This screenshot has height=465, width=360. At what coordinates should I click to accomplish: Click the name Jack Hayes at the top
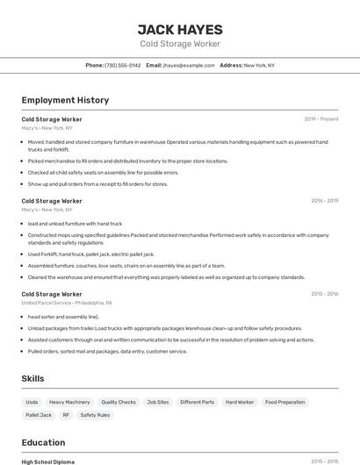(x=180, y=29)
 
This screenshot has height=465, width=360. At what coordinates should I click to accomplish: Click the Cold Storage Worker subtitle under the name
(x=180, y=44)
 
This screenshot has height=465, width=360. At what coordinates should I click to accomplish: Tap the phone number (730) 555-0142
(x=122, y=65)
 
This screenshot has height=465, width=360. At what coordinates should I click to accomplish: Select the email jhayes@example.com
(x=189, y=65)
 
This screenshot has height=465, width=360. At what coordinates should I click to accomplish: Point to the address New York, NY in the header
(x=259, y=65)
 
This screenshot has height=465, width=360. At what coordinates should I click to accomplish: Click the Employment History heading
(x=65, y=100)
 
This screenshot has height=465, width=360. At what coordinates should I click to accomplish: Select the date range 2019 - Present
(x=321, y=118)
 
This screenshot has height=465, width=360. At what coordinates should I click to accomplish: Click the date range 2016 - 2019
(x=324, y=200)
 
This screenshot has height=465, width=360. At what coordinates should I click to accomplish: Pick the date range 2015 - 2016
(x=324, y=294)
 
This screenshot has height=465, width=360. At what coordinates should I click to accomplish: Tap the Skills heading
(x=33, y=378)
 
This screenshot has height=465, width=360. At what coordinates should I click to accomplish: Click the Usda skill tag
(x=32, y=402)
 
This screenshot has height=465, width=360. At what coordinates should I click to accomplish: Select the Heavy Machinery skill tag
(x=69, y=402)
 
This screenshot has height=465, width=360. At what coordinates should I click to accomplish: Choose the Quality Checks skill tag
(x=119, y=402)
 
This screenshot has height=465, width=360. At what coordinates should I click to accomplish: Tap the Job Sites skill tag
(x=158, y=402)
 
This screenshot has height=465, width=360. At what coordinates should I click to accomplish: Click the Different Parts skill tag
(x=197, y=402)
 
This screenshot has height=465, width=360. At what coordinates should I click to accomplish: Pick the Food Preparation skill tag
(x=285, y=402)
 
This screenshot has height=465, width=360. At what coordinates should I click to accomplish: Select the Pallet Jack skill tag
(x=39, y=415)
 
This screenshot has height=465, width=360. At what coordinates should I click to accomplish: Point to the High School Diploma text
(x=48, y=461)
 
